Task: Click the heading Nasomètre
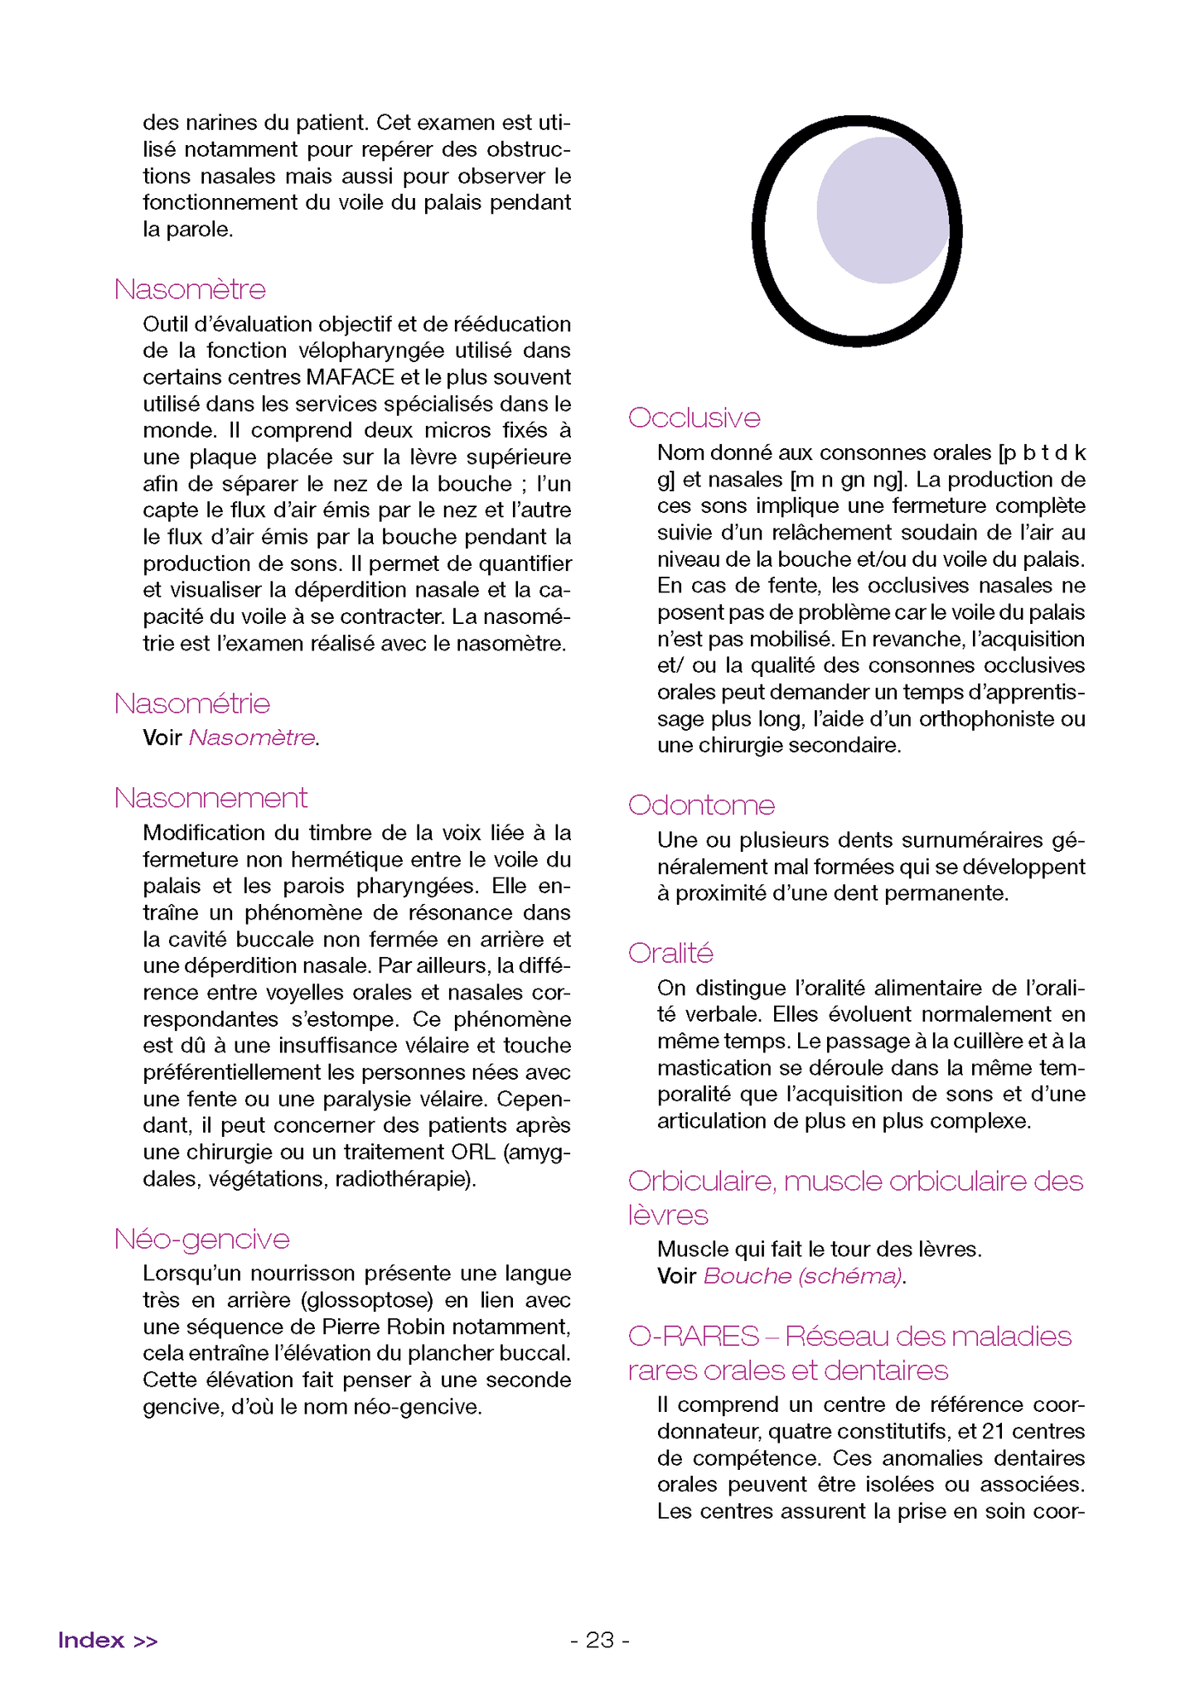[190, 289]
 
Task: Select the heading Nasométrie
[192, 703]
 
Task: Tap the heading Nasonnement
[210, 798]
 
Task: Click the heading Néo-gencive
[202, 1239]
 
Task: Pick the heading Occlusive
[694, 418]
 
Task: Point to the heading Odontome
[701, 805]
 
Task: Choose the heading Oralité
[670, 953]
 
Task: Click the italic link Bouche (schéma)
[802, 1276]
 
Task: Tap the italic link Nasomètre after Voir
[252, 737]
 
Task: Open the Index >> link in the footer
[108, 1640]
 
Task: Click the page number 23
[600, 1640]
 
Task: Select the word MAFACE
[350, 377]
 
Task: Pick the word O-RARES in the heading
[694, 1337]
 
